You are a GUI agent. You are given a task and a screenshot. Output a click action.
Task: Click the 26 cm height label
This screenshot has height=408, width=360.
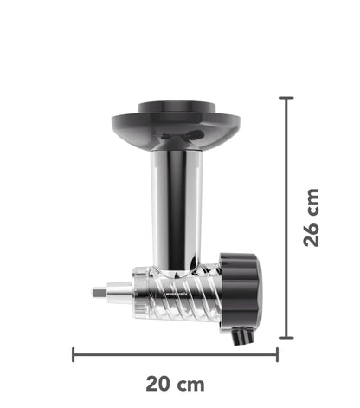(313, 217)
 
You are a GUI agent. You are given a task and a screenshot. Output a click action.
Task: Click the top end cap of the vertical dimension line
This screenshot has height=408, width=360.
(286, 97)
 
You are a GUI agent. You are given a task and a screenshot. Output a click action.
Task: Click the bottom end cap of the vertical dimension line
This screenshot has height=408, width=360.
(286, 338)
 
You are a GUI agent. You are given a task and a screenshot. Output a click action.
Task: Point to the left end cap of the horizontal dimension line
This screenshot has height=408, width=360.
(74, 353)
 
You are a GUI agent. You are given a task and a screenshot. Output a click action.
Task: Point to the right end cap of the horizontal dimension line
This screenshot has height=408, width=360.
(277, 353)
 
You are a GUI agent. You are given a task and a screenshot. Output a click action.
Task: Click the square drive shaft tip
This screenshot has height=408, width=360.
(98, 293)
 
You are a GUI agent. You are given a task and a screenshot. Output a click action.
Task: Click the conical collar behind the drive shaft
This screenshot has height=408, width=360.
(121, 293)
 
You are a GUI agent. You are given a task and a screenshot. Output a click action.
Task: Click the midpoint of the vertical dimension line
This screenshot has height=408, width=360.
(286, 217)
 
